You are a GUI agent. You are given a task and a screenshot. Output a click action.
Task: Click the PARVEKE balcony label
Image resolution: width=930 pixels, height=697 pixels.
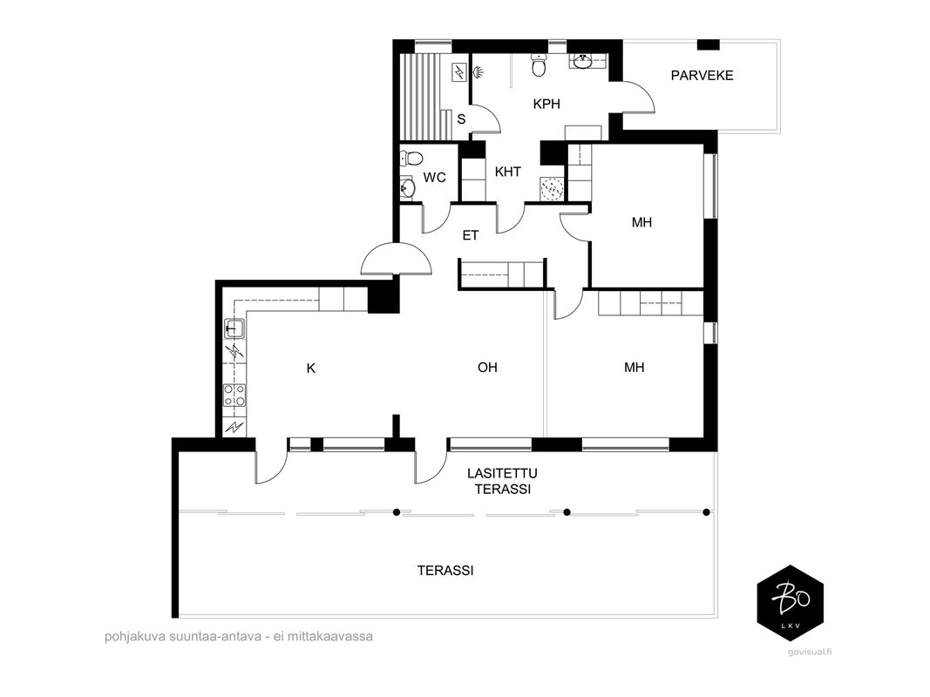point(702,75)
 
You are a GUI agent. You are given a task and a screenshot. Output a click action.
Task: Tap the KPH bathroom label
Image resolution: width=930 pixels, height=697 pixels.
point(546,104)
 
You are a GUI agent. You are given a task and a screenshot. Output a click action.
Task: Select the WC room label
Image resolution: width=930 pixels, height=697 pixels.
point(434,177)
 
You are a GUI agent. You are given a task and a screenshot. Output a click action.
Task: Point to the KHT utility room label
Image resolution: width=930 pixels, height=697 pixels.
point(507,172)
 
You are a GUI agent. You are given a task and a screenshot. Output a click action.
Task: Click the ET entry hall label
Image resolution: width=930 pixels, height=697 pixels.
point(471,235)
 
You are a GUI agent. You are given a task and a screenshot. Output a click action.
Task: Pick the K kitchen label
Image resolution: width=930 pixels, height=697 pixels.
point(311,368)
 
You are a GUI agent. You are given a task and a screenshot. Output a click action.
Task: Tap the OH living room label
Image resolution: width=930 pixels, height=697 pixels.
point(487,368)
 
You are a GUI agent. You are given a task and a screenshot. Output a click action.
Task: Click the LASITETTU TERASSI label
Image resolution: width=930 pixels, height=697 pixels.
point(502,481)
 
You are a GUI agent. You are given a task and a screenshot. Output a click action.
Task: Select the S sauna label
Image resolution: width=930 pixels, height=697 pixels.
point(461,119)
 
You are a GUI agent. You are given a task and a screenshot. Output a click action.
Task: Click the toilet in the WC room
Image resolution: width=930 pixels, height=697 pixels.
point(411,159)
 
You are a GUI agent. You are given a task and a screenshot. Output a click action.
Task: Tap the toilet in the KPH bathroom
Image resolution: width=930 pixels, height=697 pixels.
point(540,65)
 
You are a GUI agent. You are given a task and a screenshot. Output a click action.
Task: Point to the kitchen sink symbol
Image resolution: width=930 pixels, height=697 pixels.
point(234,328)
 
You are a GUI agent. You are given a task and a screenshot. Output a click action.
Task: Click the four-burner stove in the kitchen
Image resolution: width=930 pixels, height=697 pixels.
point(234,396)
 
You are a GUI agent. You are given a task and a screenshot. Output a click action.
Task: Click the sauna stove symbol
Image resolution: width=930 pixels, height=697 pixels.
point(459,72)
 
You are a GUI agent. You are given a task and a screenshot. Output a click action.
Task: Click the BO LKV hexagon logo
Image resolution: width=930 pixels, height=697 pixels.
point(791,603)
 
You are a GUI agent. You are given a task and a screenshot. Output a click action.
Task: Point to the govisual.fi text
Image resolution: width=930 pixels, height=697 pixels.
point(810,652)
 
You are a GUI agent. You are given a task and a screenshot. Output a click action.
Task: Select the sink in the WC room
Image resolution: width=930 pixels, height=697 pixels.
point(407,188)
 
